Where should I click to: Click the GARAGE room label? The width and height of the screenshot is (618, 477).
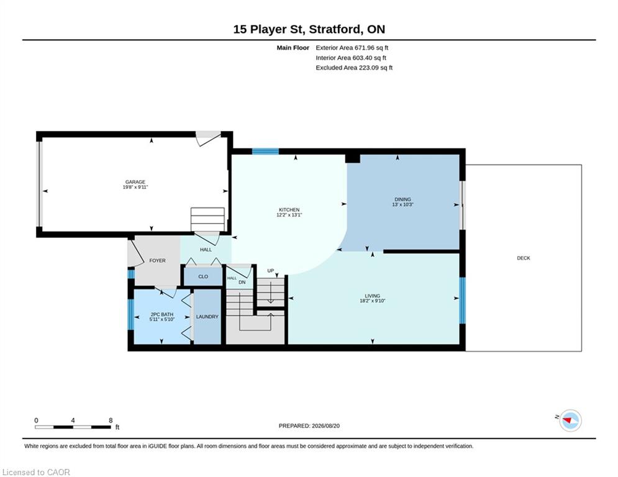[135, 182]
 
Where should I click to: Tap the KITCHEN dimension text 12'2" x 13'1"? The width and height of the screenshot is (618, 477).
[289, 215]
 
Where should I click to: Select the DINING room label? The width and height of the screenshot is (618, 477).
[402, 199]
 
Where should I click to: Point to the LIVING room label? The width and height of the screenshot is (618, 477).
[373, 296]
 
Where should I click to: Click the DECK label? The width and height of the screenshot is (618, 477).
[524, 258]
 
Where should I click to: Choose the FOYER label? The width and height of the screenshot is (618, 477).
[157, 261]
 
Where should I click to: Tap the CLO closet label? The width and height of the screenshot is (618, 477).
[203, 277]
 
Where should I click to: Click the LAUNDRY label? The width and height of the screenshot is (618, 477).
[207, 317]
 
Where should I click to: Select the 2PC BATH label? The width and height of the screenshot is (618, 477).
[161, 314]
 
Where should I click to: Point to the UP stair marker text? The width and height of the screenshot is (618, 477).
[270, 270]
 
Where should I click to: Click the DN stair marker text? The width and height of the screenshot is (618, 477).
[242, 282]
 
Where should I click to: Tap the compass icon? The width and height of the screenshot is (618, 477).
[570, 420]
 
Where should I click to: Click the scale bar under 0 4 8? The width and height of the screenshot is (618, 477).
[73, 427]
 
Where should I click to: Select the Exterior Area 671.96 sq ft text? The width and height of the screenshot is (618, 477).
[352, 48]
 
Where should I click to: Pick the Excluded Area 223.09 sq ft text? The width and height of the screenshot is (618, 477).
[354, 68]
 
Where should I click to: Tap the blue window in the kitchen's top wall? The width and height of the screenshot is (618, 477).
[265, 152]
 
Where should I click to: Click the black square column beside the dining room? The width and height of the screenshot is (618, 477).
[353, 158]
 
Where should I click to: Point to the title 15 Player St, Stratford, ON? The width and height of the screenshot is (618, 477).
[309, 29]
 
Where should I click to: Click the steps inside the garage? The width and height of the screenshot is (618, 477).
[207, 219]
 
